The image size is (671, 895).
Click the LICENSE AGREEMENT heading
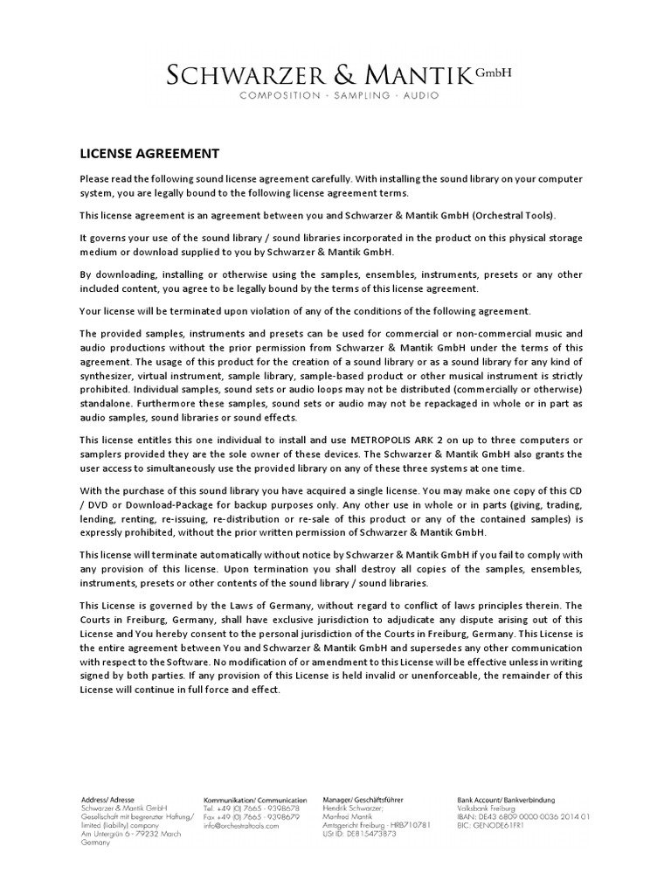(x=149, y=154)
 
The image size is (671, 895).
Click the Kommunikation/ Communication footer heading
(x=255, y=800)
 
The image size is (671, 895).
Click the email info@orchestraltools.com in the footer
(x=241, y=825)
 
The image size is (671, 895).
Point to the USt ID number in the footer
(x=359, y=833)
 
